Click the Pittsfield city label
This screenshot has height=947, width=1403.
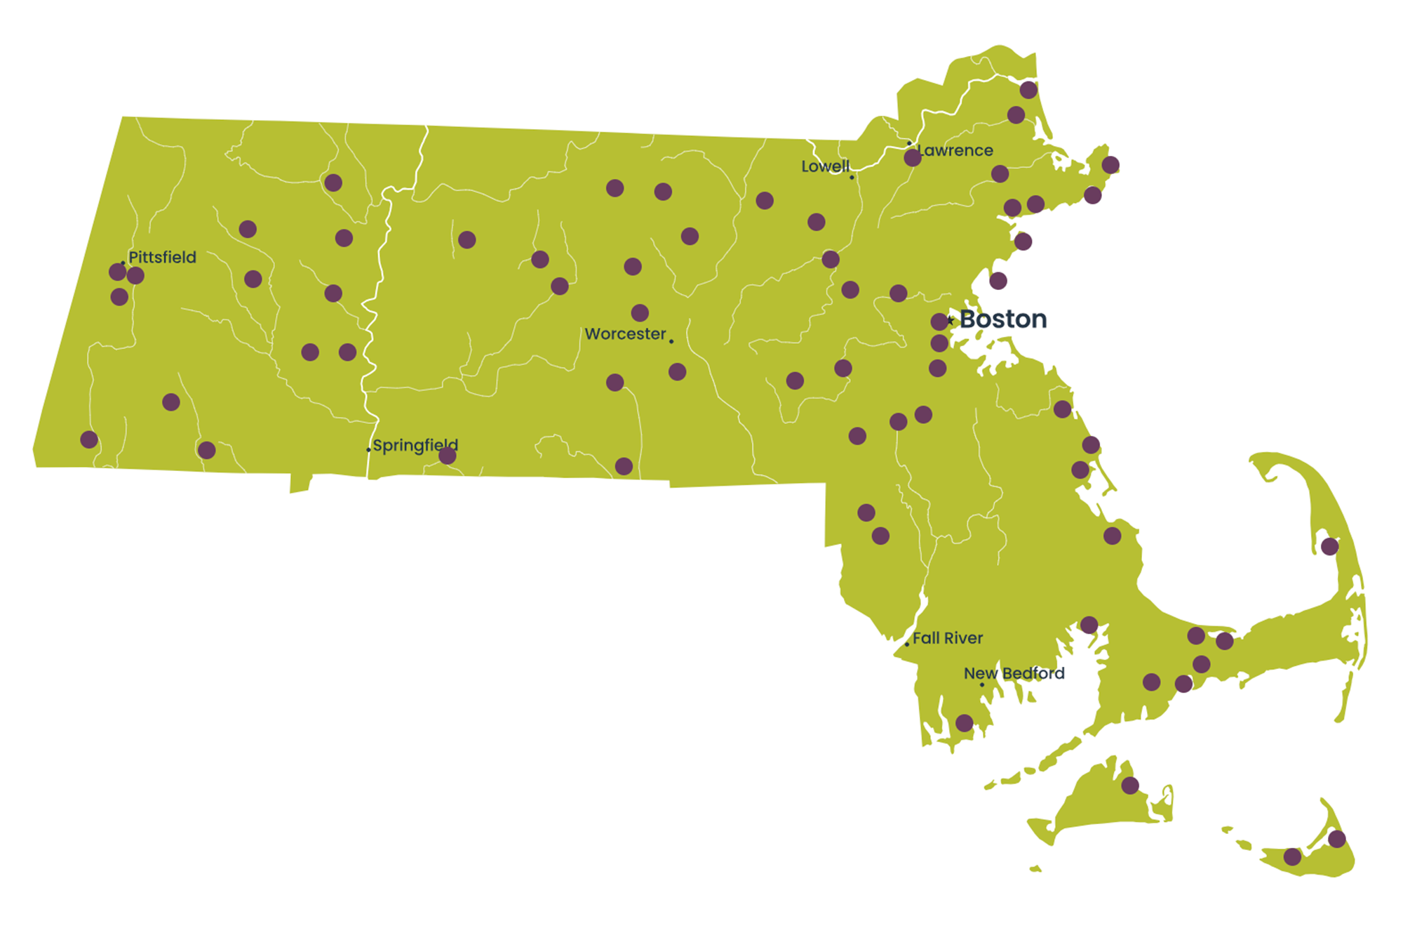(162, 257)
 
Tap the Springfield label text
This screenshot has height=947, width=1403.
(415, 445)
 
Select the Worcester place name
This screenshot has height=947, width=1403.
(625, 333)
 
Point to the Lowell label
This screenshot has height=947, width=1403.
(825, 166)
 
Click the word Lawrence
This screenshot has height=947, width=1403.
(955, 150)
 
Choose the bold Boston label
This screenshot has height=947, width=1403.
(1003, 319)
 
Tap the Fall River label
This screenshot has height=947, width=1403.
(948, 638)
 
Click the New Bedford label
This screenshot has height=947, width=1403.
(1014, 673)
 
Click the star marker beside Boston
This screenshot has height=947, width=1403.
(951, 321)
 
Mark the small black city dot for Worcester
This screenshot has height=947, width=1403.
(671, 341)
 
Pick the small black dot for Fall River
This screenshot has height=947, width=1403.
(907, 644)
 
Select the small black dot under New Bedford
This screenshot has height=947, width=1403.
(982, 684)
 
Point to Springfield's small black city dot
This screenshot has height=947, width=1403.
(368, 450)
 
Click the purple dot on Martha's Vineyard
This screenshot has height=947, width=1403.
(1130, 786)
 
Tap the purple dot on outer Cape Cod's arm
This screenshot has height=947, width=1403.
(1329, 546)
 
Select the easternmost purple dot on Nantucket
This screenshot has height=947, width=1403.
(1337, 839)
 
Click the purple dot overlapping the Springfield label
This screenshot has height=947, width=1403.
(448, 456)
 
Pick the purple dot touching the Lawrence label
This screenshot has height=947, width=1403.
(913, 158)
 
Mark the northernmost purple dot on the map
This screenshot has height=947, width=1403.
(1028, 90)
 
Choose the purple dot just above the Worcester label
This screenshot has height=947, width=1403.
(640, 312)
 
